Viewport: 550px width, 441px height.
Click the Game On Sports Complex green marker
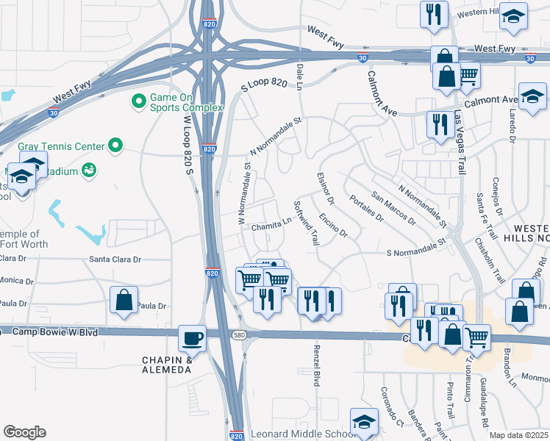click(137, 101)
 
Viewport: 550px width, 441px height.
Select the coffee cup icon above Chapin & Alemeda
click(193, 338)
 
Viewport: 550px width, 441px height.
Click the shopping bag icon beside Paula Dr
click(124, 300)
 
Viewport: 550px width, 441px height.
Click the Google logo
click(24, 431)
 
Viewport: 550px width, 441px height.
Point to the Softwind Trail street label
click(306, 223)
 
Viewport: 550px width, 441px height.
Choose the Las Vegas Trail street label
click(460, 143)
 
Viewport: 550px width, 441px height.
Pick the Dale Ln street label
click(299, 76)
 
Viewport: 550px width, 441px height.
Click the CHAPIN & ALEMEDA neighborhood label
click(167, 365)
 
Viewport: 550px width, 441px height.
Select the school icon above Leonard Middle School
click(363, 422)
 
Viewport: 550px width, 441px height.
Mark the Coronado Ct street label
click(390, 406)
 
